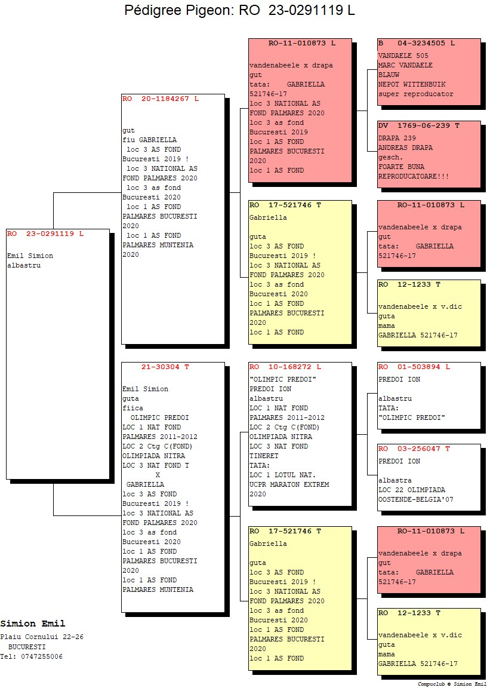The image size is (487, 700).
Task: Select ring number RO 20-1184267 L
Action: [x=161, y=99]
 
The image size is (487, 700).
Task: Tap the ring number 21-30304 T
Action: [x=165, y=367]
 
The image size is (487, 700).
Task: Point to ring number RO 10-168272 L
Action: [x=285, y=367]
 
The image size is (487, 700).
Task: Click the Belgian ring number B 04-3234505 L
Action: [x=417, y=44]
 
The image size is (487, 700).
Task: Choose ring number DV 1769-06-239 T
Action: [x=419, y=126]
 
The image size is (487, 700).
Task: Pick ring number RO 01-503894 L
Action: [x=414, y=367]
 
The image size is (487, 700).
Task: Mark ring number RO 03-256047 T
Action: [x=414, y=449]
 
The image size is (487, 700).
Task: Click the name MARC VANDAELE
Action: [x=405, y=65]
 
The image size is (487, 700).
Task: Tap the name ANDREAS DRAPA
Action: [x=405, y=148]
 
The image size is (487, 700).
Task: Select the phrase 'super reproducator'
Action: [x=415, y=94]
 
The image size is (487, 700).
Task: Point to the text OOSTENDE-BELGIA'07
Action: [x=415, y=499]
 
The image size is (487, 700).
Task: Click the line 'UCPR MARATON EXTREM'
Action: [x=289, y=484]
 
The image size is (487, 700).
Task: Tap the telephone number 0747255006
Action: [x=42, y=656]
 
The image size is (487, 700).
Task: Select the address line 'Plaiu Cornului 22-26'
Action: [x=42, y=637]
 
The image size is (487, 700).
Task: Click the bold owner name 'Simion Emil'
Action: [x=33, y=624]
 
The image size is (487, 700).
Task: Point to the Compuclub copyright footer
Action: [x=452, y=684]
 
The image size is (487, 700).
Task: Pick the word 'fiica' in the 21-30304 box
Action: [x=133, y=408]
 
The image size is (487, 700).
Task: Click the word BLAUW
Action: [x=389, y=75]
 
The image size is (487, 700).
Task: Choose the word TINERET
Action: [x=264, y=456]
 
